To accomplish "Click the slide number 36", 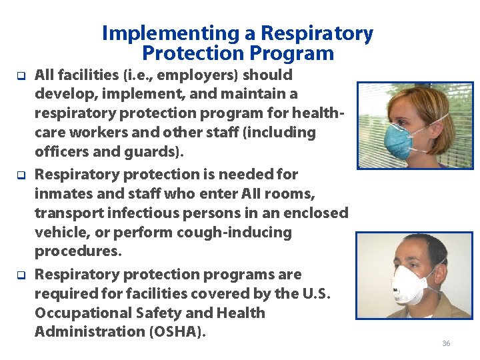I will tap(446, 343).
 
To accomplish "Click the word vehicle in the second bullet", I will tap(61, 233).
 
